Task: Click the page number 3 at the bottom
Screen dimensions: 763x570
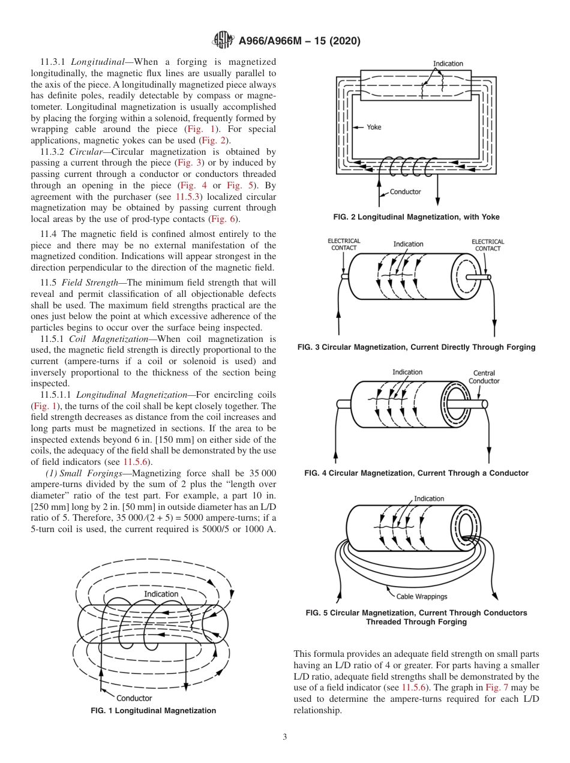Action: (285, 737)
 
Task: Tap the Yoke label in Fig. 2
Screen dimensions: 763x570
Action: (374, 127)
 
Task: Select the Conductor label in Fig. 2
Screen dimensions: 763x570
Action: (406, 192)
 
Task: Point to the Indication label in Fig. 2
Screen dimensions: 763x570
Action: (448, 64)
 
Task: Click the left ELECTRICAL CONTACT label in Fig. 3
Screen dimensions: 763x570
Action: (344, 245)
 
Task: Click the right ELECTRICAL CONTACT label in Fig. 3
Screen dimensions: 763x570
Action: (488, 245)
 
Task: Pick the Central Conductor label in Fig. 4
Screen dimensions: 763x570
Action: (484, 377)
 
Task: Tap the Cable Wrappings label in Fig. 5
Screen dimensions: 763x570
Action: (422, 596)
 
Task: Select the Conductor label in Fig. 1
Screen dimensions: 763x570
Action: (134, 698)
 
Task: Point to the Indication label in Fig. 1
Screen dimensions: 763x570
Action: (161, 594)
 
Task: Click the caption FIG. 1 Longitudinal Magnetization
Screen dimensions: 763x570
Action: (153, 711)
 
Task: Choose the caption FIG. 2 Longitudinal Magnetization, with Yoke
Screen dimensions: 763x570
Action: (416, 217)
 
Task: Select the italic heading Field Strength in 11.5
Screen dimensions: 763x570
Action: (86, 283)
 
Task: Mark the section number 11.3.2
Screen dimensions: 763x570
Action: (54, 152)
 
